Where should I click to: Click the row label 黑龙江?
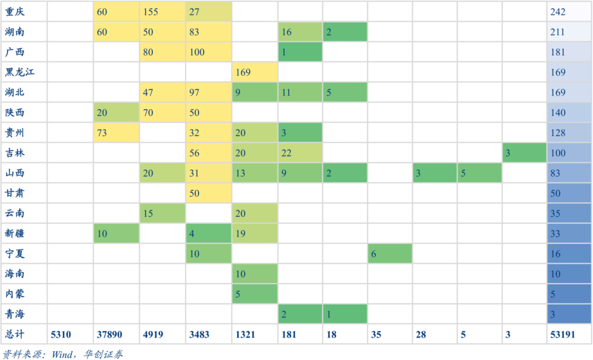[x=20, y=72]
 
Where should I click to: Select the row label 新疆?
[x=15, y=233]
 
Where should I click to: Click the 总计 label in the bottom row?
[x=15, y=334]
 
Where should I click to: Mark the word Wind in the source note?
[x=62, y=354]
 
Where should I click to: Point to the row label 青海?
[x=15, y=314]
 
